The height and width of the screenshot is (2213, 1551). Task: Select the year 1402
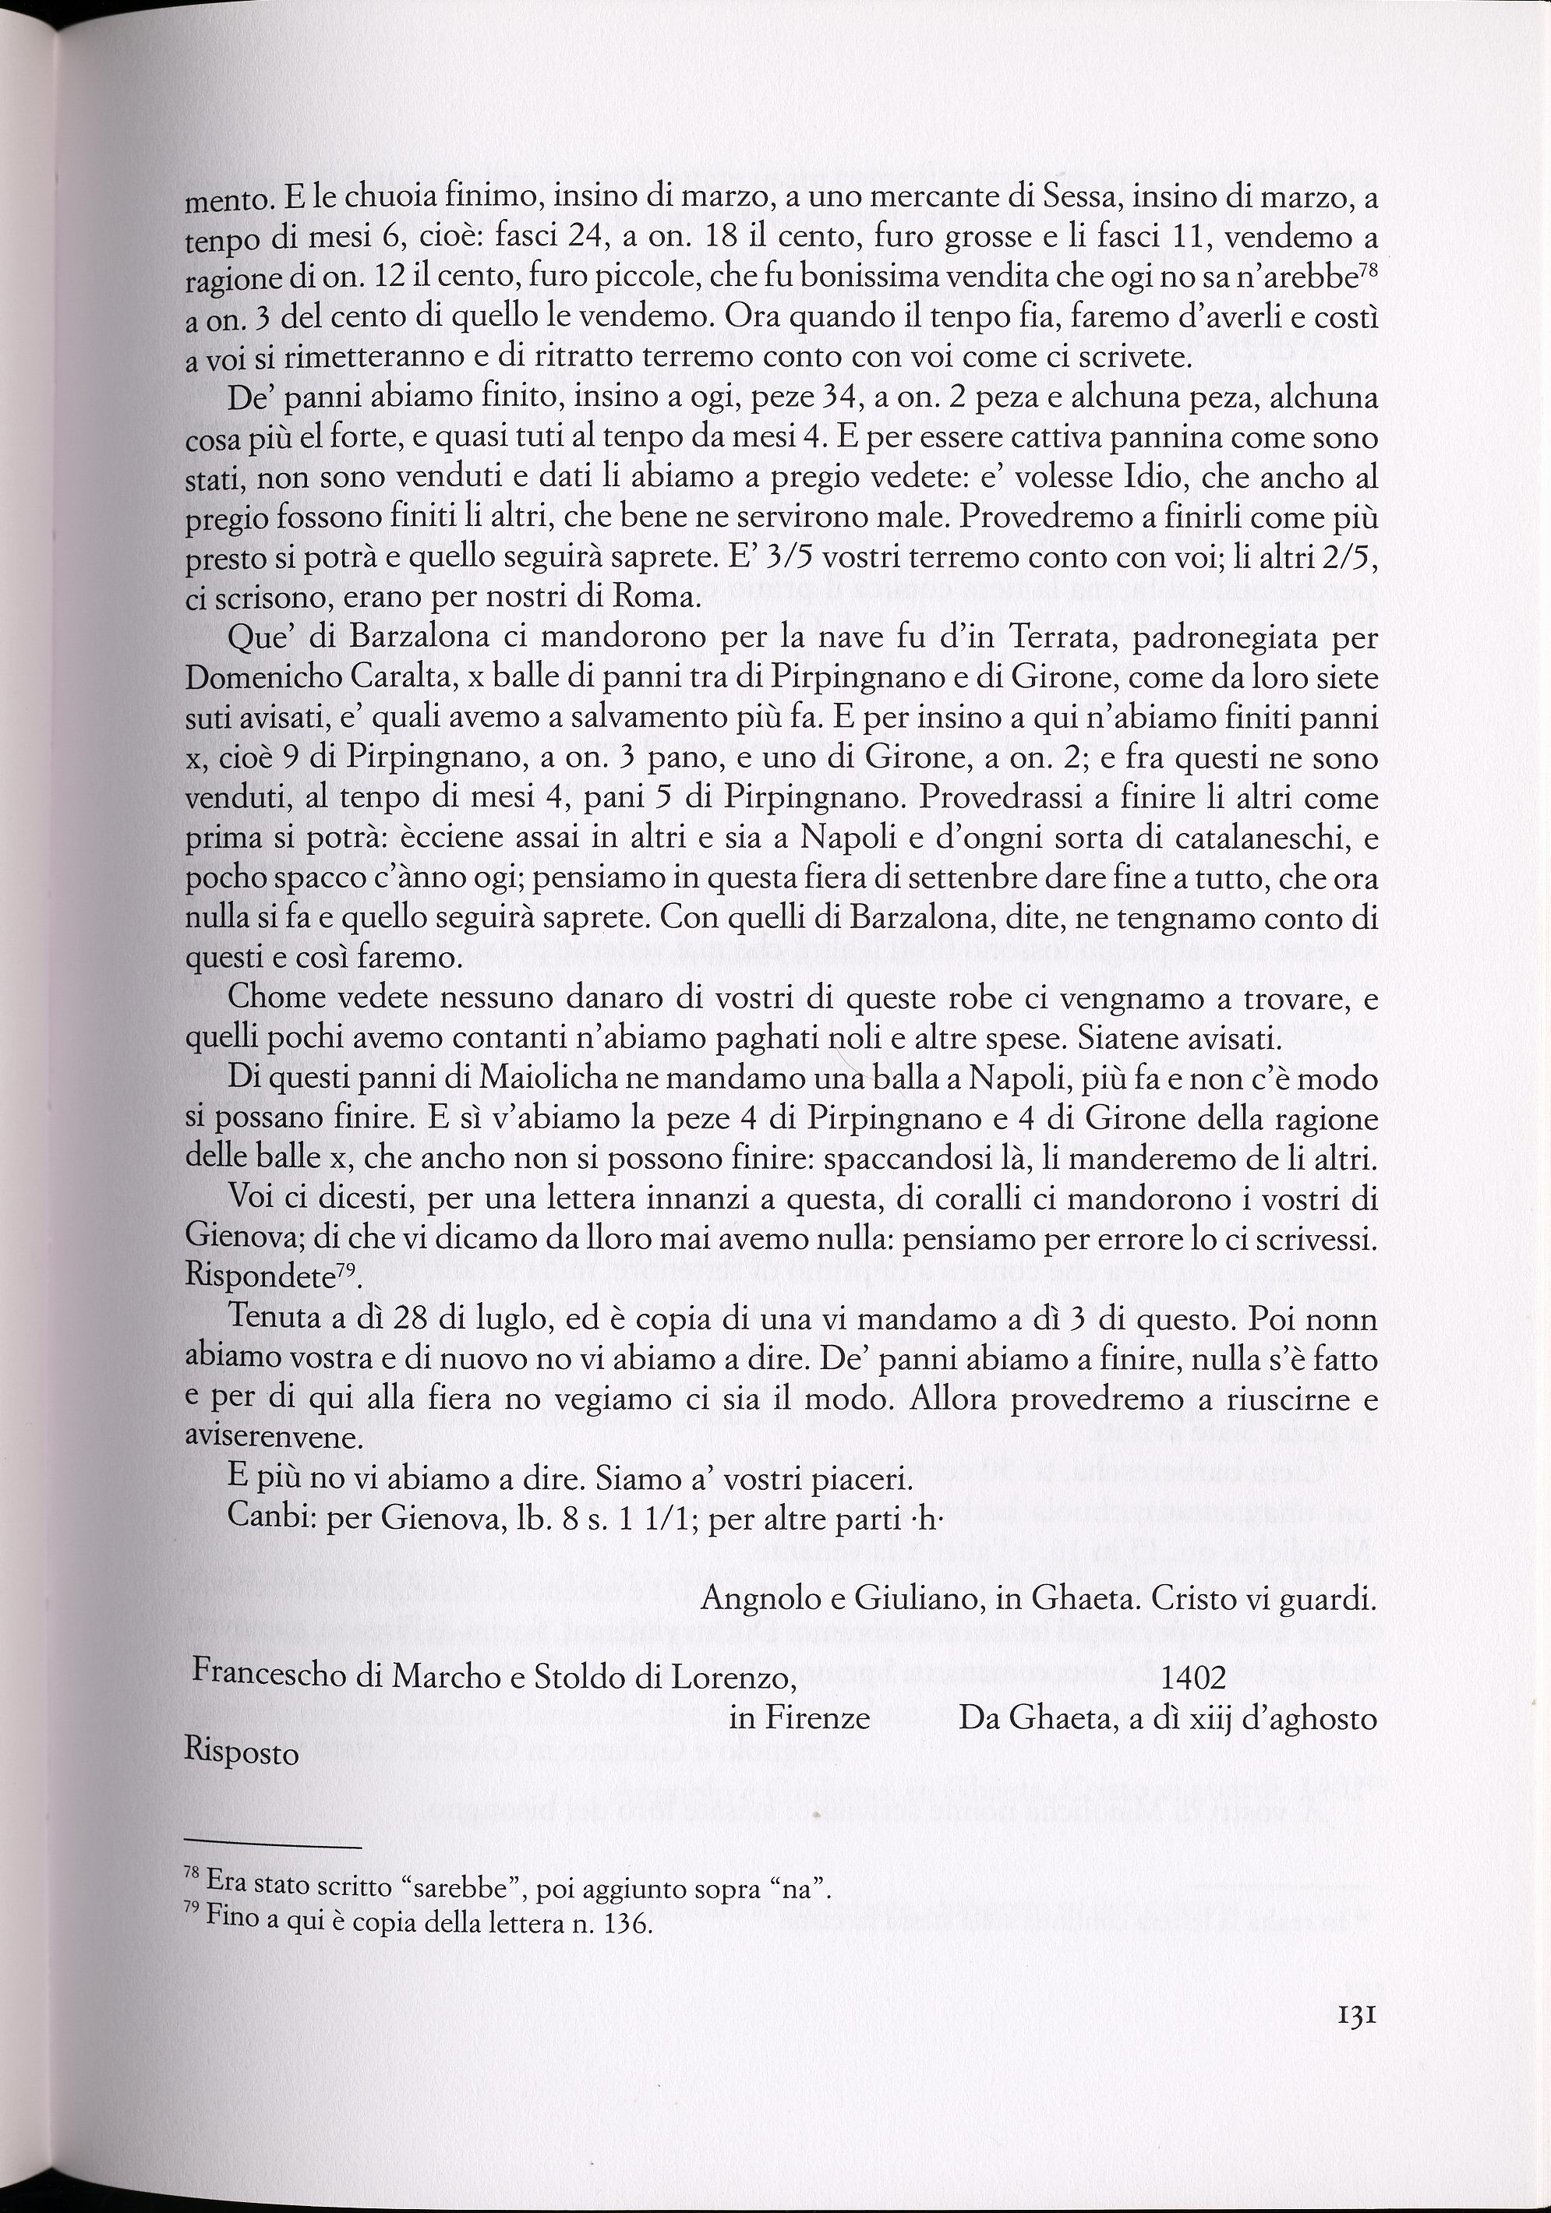pos(1193,1679)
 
